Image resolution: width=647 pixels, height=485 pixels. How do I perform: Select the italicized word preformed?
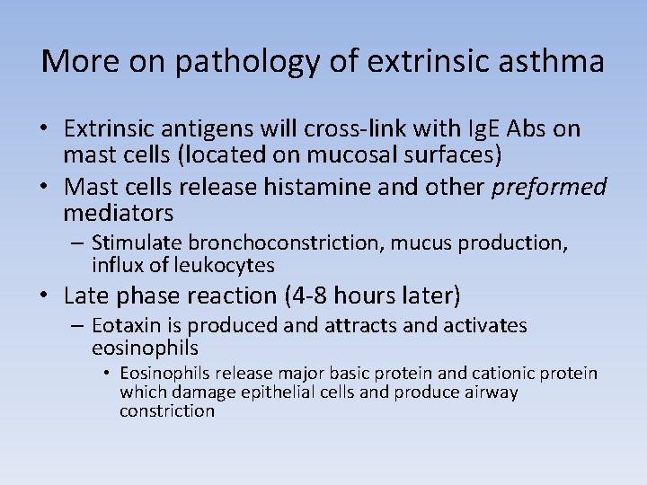point(551,188)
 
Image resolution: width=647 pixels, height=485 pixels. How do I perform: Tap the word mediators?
point(118,213)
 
